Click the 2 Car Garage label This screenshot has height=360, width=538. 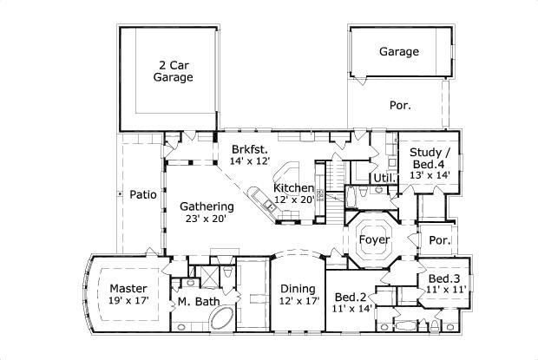pos(173,71)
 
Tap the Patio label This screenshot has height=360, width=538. pos(143,194)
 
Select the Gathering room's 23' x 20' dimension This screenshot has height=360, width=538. pos(206,219)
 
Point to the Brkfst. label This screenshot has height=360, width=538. pos(249,149)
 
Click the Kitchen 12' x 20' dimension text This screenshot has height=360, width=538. pos(294,200)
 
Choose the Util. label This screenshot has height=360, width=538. pos(384,178)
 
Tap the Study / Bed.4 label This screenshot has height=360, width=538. pos(430,158)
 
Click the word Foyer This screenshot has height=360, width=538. pos(374,239)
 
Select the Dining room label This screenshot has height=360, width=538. pos(298,289)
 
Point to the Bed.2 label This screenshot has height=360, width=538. pos(351,297)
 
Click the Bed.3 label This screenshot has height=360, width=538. pos(444,278)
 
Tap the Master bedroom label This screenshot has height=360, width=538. pos(128,288)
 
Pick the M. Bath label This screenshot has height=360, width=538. pos(199,301)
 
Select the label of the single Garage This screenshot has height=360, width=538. pos(399,51)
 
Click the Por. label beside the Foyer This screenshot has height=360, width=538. pos(440,240)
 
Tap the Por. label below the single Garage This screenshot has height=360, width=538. pos(400,105)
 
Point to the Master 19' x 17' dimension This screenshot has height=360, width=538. pos(128,301)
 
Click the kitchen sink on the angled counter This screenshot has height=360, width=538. pos(268,206)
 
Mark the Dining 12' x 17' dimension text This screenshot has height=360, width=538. pos(299,301)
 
